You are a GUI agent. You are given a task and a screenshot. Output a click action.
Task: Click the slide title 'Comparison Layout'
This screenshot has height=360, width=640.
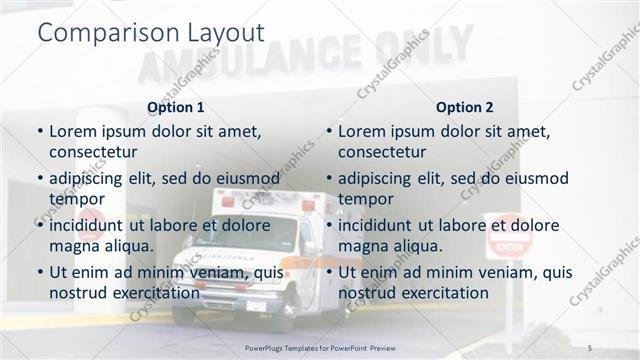[150, 32]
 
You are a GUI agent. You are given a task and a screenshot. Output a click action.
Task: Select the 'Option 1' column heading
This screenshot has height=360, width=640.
[175, 107]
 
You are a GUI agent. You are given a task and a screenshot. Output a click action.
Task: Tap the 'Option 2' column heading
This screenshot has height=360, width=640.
[465, 107]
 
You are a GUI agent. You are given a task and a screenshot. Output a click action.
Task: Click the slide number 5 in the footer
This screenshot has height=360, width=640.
[590, 346]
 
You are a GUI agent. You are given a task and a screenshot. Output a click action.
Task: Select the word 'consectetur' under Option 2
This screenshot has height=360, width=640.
[382, 152]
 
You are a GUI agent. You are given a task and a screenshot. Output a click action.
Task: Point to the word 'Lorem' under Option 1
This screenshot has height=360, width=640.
[72, 131]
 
